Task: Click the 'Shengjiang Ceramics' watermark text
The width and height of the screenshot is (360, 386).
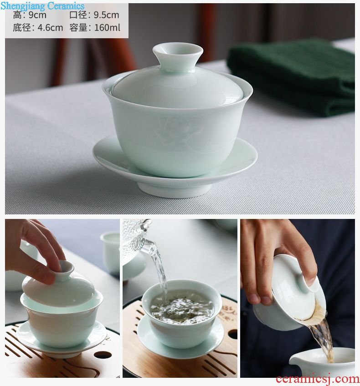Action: click(42, 5)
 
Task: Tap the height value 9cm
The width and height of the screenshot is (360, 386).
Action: click(37, 15)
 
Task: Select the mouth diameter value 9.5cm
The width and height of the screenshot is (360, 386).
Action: click(107, 15)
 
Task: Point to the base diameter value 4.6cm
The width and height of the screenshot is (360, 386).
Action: click(50, 28)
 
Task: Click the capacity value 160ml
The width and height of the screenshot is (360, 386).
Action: click(107, 28)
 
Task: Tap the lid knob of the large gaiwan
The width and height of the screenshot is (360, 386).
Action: click(178, 54)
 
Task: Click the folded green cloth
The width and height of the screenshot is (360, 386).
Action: click(291, 77)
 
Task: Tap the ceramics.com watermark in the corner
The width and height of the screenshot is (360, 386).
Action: click(318, 379)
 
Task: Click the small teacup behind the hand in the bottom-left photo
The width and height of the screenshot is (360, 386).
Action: click(110, 253)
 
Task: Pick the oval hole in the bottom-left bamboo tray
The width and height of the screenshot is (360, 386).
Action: click(103, 355)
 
